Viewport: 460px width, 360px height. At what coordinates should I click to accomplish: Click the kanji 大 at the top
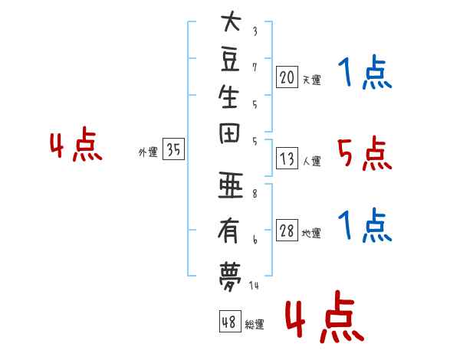(231, 21)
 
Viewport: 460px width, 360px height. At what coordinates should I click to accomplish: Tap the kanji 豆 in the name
(231, 60)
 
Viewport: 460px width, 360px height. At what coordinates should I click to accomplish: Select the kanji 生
(228, 97)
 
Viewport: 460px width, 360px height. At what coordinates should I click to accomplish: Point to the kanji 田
(229, 134)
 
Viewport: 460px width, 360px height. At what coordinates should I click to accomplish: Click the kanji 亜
(231, 185)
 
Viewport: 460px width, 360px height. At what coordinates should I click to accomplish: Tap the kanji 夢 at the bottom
(230, 277)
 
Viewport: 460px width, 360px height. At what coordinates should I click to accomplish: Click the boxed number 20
(287, 77)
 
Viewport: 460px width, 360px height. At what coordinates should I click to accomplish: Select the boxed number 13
(287, 159)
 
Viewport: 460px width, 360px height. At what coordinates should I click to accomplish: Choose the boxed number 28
(287, 231)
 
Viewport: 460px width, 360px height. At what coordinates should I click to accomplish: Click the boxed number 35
(173, 149)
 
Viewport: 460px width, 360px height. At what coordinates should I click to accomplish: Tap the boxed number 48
(230, 321)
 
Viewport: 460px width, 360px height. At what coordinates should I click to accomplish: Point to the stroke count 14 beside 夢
(254, 285)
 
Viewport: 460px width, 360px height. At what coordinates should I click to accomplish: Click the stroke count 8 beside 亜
(255, 194)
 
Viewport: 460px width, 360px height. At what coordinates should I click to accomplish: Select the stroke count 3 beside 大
(255, 31)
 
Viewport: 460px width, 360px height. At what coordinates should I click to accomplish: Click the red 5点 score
(364, 153)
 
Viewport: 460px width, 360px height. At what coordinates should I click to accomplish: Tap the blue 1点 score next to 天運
(365, 72)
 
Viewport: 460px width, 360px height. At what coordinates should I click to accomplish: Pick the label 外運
(148, 152)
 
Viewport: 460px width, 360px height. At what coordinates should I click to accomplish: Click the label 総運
(255, 325)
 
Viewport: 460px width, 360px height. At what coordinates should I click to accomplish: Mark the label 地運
(311, 234)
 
